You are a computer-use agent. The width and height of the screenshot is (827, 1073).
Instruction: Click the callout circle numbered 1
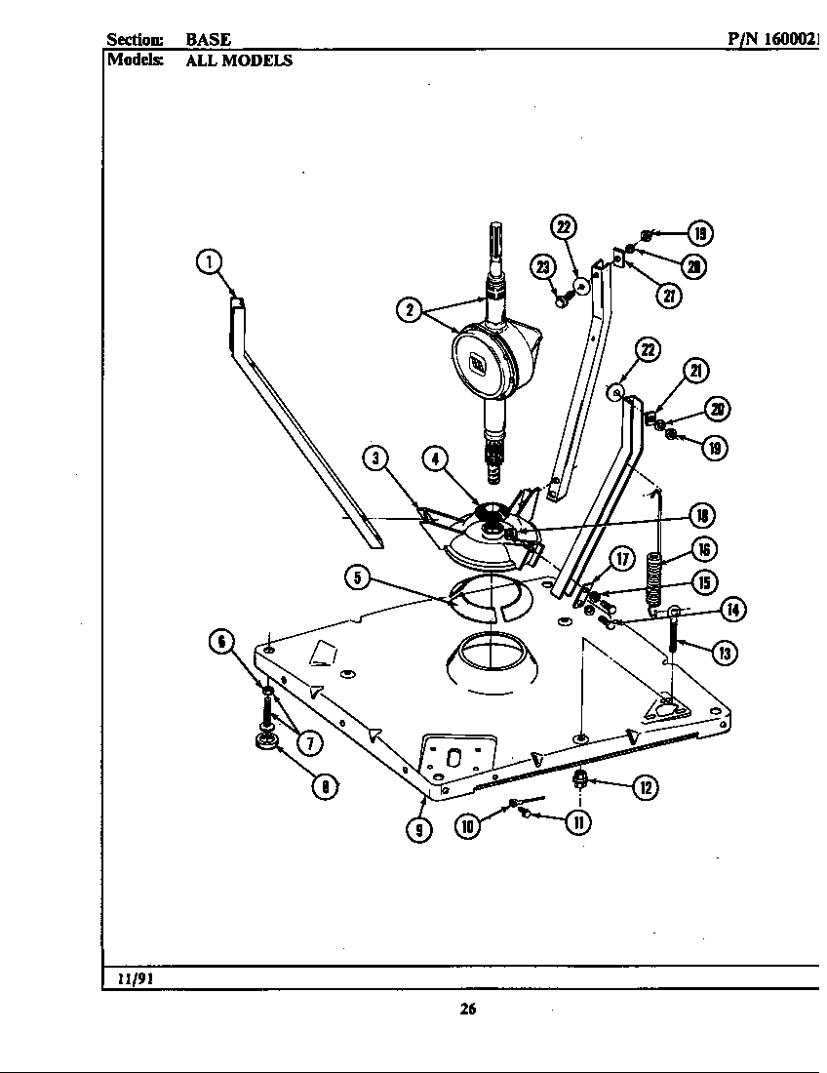208,260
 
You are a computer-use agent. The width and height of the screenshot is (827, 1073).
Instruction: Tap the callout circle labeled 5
358,577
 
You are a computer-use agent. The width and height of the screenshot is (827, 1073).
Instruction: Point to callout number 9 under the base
419,829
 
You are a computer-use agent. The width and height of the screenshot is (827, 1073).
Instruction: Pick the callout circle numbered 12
646,787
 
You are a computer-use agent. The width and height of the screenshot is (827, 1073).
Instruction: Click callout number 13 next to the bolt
723,653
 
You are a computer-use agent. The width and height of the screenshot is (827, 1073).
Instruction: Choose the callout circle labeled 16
705,548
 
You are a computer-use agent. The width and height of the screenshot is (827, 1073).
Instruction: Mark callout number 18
700,515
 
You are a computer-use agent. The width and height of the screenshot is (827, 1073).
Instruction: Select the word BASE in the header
208,40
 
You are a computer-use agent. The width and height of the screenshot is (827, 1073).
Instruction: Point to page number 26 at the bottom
468,1010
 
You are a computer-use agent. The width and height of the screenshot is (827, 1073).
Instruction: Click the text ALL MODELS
239,60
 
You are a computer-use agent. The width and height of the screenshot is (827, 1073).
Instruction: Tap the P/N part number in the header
775,40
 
